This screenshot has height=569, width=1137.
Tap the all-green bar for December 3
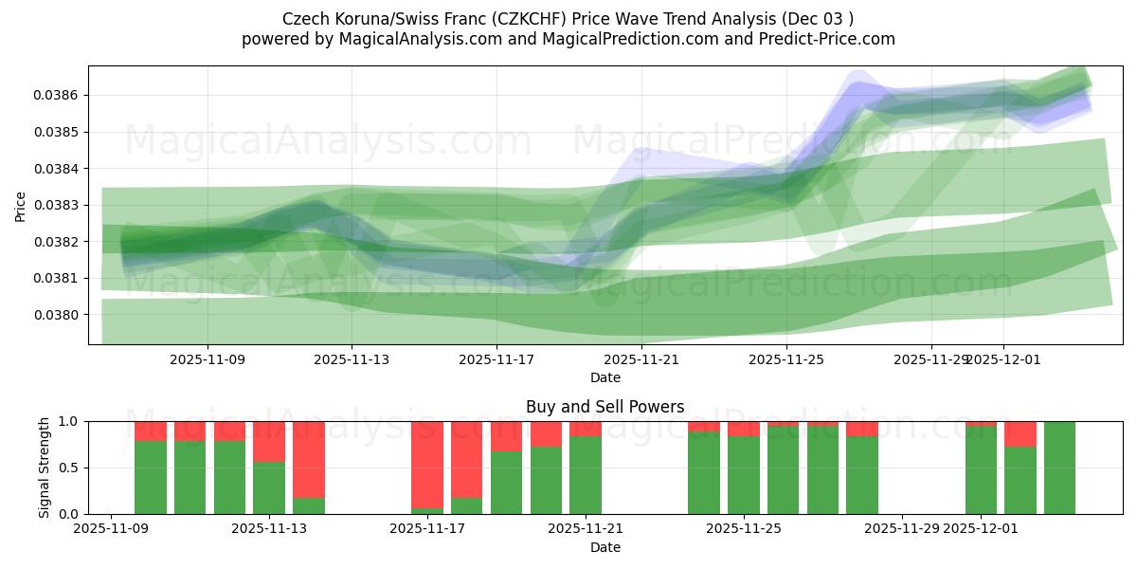1059,468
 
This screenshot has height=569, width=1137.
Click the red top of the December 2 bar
1020,433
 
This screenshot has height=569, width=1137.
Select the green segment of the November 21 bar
586,475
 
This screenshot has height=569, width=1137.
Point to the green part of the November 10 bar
151,477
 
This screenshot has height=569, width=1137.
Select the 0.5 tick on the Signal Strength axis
72,468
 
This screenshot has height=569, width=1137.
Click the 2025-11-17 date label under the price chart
496,359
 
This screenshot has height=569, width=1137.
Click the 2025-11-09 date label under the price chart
208,359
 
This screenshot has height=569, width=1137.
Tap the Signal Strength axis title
45,468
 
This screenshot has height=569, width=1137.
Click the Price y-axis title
21,206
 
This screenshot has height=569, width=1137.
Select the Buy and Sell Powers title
605,407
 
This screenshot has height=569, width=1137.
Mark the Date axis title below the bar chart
605,547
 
